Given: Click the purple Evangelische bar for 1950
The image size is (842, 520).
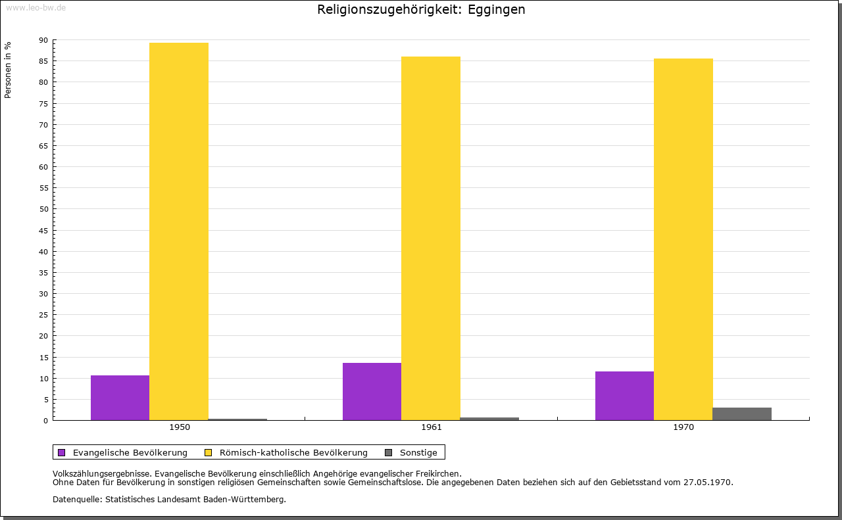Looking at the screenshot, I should coord(120,398).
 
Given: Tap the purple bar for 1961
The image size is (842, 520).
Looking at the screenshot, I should coord(372,391).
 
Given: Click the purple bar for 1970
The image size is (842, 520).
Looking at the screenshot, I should coord(624,396).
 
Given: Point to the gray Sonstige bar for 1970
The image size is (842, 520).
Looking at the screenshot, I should coord(742,414).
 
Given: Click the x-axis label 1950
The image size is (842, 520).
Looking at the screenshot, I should coord(180,427).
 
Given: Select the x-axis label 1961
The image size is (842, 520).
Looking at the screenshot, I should coord(432,427).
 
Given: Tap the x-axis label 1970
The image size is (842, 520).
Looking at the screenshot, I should coord(683,427).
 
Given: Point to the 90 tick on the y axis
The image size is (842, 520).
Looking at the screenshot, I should coord(43,40).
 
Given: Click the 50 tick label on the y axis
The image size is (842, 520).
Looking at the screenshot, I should coord(43,209).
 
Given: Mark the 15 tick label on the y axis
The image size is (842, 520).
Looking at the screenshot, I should coord(43,358).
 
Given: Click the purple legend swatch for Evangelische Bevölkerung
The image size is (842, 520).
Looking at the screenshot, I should coord(62,452).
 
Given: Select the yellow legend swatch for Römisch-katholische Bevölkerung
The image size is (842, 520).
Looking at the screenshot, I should coord(208,452).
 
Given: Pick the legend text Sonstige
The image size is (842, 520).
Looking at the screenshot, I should coord(418,452).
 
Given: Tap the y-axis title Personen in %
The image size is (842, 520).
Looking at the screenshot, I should coord(8,70).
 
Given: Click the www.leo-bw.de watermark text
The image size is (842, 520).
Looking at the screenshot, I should coord(35,7).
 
